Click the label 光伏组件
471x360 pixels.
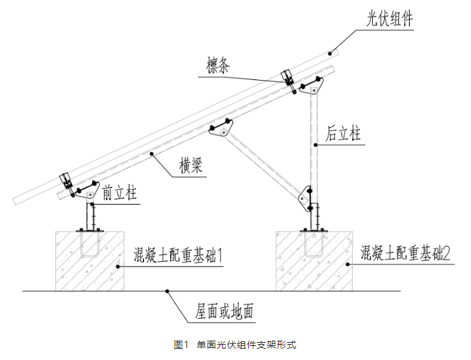pyautogui.click(x=390, y=19)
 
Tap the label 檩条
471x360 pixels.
pyautogui.click(x=220, y=67)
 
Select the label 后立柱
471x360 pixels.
pyautogui.click(x=344, y=134)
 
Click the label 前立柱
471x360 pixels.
pyautogui.click(x=121, y=194)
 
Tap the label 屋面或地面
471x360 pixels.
pyautogui.click(x=223, y=311)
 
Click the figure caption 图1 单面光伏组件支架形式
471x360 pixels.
pyautogui.click(x=235, y=345)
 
